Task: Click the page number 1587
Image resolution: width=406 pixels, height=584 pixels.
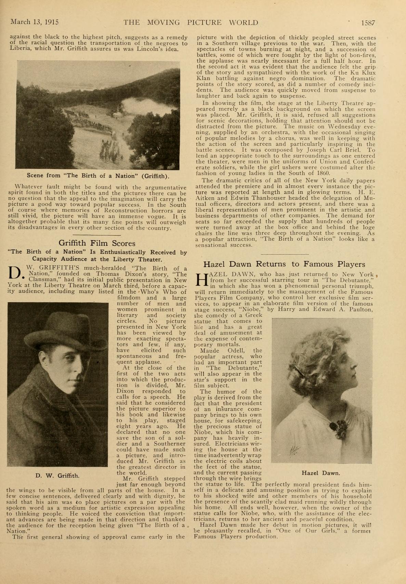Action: point(368,23)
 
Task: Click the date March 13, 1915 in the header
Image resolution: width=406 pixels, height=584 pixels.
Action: point(35,22)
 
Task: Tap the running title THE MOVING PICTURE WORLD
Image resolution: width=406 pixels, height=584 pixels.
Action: point(191,23)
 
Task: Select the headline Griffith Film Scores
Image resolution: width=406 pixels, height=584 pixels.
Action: point(97,243)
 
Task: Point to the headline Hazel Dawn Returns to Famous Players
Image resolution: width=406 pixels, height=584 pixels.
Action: point(284,264)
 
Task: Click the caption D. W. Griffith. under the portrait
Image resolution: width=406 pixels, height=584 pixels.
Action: point(57,476)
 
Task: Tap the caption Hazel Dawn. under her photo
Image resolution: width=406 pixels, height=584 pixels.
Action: point(321,473)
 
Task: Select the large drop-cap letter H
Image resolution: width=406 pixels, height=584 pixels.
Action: point(201,280)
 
